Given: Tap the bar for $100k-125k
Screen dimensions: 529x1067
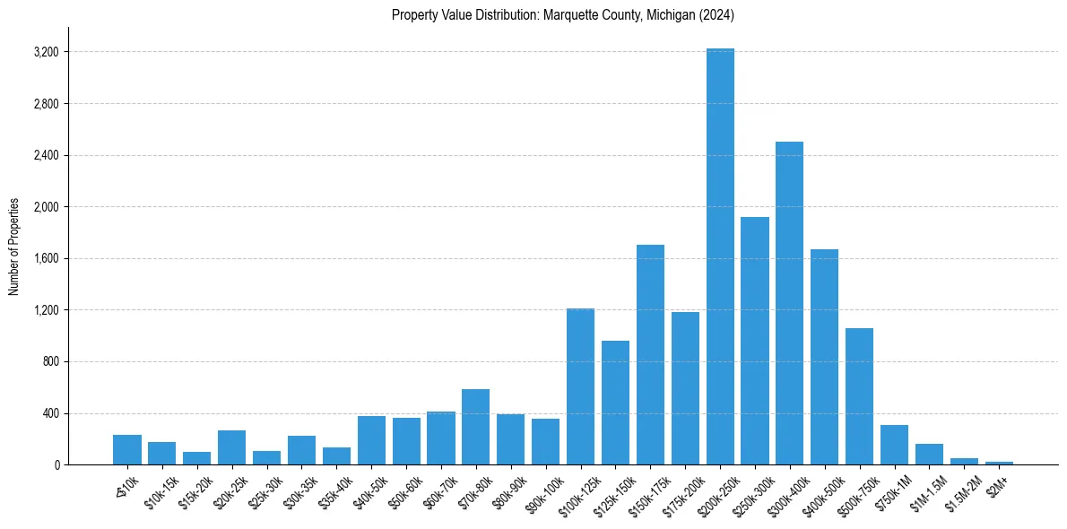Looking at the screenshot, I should pos(580,386).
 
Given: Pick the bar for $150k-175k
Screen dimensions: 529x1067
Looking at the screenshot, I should pos(650,354).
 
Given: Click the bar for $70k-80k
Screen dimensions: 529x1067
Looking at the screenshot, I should pos(475,427).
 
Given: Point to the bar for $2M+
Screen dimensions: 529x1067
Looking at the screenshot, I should pos(999,463).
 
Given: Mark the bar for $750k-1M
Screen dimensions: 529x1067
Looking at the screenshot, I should pos(894,445).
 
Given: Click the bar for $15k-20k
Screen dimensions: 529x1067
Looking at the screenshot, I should pos(196,458).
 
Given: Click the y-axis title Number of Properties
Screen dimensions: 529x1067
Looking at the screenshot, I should pos(14,247).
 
